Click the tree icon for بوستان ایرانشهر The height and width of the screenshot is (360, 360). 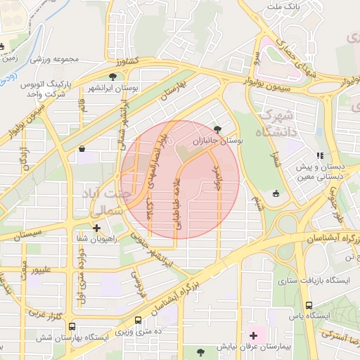112,76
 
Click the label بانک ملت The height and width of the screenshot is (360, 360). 285,6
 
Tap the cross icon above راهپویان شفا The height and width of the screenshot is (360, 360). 97,228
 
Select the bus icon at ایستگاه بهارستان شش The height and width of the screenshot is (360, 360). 72,327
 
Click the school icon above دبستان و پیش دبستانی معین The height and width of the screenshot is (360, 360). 320,155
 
